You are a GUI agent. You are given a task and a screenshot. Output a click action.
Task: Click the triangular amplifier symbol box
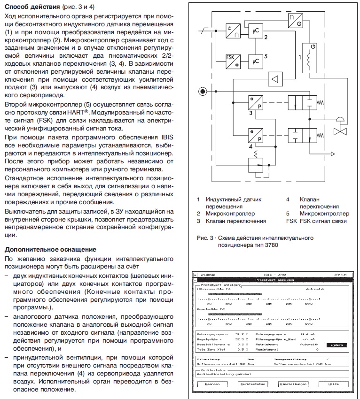[276, 78]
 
